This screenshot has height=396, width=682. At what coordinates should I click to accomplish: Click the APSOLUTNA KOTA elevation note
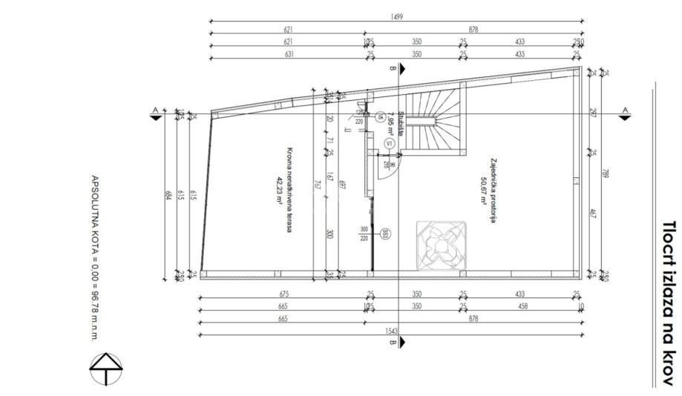click(94, 257)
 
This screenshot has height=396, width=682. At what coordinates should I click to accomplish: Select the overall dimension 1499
click(396, 17)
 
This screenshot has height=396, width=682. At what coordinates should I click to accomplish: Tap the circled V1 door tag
click(389, 143)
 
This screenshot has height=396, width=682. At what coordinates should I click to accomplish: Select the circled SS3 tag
click(385, 235)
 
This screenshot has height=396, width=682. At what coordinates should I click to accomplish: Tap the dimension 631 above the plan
click(288, 54)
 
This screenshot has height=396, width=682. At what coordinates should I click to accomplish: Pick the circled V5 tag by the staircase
click(379, 116)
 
